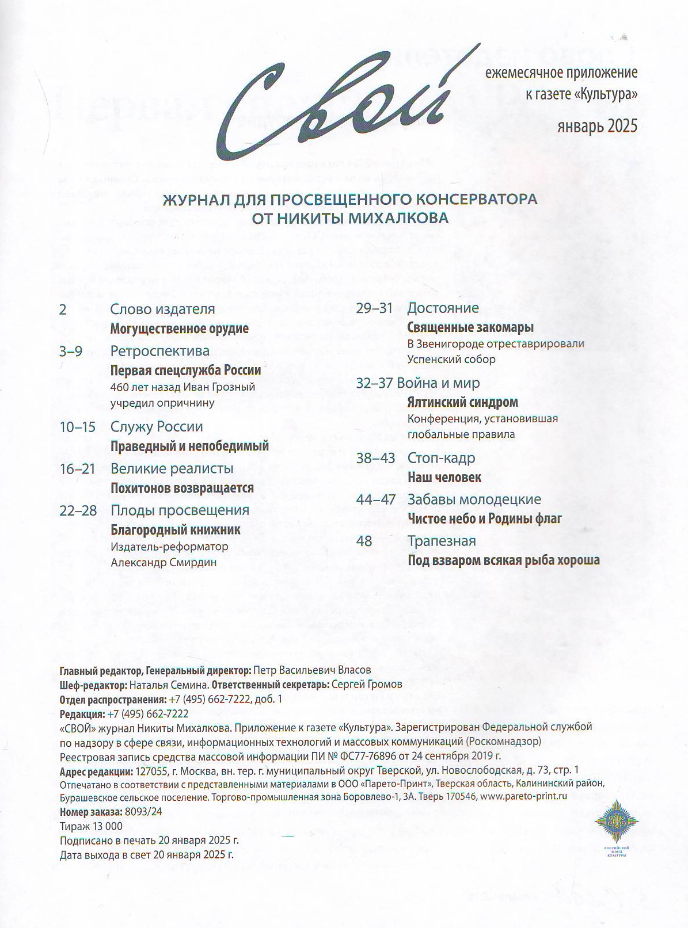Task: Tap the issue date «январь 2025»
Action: point(597,126)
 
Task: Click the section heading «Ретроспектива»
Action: point(160,351)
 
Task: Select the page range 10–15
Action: point(78,427)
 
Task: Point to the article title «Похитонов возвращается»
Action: point(182,488)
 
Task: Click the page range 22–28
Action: point(78,510)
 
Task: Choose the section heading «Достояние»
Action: point(443,308)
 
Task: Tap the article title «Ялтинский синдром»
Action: point(462,402)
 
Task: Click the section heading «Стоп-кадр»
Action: point(441,458)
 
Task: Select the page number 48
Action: point(364,541)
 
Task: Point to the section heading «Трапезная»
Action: point(442,541)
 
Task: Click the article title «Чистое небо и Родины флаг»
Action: point(485,518)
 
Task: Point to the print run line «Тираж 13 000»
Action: point(91,826)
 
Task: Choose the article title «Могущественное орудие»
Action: point(180,329)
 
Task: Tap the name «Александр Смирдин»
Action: point(164,562)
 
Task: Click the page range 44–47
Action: point(375,499)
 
